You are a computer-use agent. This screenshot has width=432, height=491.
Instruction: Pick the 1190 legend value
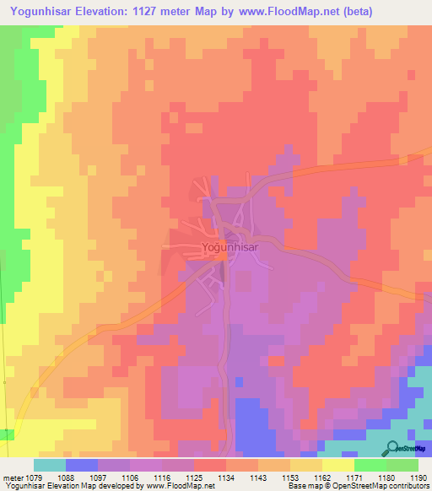[x=417, y=478]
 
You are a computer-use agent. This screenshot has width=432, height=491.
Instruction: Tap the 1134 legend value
[x=226, y=478]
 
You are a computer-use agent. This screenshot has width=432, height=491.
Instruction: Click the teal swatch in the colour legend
[x=50, y=465]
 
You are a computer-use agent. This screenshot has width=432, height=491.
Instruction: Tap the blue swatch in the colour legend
[x=82, y=465]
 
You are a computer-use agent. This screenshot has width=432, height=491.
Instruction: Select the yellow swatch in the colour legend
[x=337, y=465]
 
